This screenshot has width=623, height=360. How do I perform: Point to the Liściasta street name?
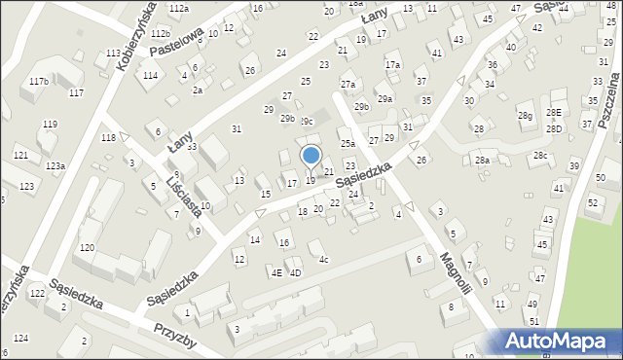click(x=183, y=196)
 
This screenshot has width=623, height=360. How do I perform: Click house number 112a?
click(x=178, y=8)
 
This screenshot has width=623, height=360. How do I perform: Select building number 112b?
click(x=159, y=34)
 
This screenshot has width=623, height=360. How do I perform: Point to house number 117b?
click(x=39, y=82)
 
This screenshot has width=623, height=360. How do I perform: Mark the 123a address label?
click(x=55, y=166)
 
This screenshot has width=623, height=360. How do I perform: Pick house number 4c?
click(x=324, y=259)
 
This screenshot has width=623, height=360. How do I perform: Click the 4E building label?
click(x=276, y=273)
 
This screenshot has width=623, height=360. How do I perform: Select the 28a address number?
click(x=481, y=160)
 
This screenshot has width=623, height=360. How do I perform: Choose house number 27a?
click(x=348, y=85)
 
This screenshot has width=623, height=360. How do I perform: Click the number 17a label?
click(x=392, y=64)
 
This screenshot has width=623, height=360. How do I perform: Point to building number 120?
click(x=87, y=248)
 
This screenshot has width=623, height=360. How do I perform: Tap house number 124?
click(x=21, y=338)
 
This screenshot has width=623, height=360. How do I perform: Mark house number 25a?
click(x=347, y=144)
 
